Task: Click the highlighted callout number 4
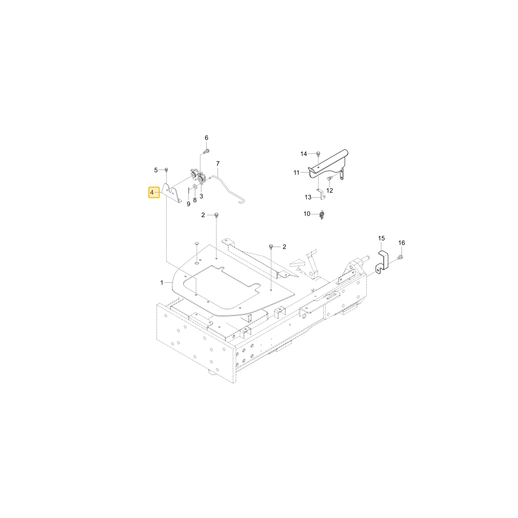[x=152, y=192]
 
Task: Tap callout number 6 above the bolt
[x=207, y=138]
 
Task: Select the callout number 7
[x=218, y=164]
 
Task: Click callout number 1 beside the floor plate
[x=162, y=283]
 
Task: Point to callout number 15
[x=382, y=238]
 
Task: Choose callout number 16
[x=401, y=243]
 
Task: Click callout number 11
[x=296, y=172]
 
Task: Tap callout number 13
[x=308, y=197]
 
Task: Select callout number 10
[x=307, y=214]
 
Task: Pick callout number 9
[x=189, y=204]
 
